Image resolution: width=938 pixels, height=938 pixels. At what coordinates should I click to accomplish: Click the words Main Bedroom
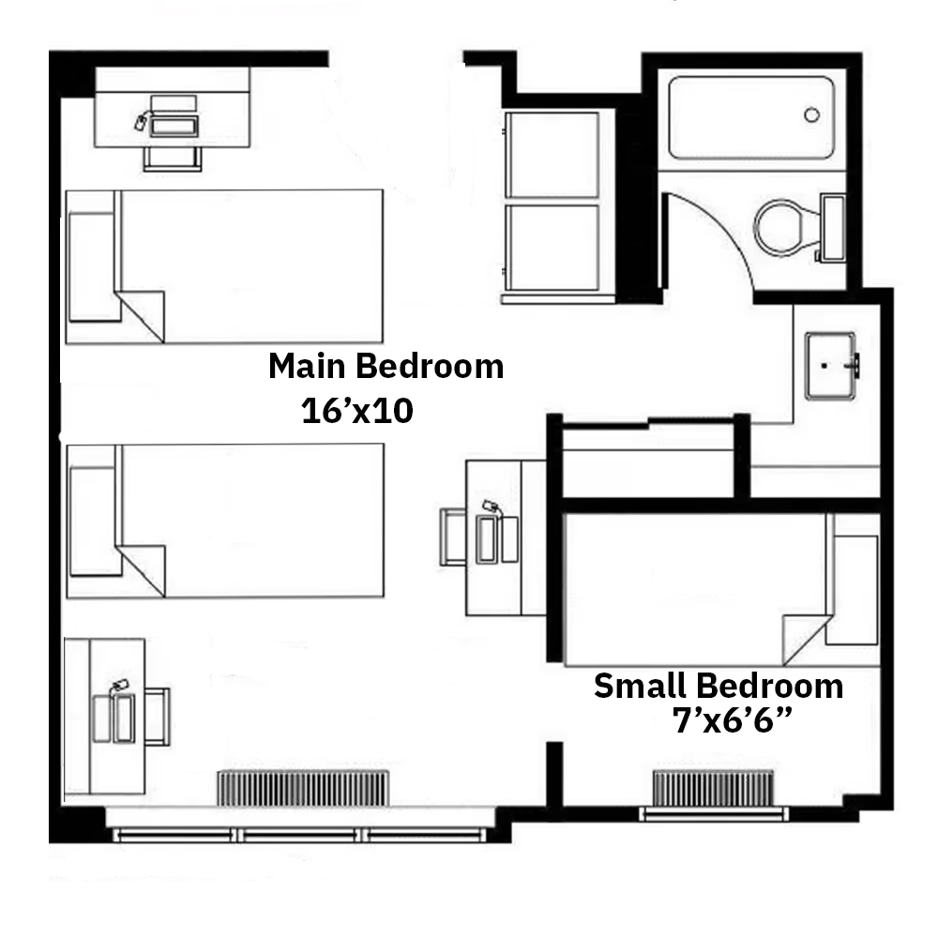(x=386, y=366)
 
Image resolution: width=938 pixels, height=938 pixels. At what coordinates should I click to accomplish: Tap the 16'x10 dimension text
(x=357, y=411)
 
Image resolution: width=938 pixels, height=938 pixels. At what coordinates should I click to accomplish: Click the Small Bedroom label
(x=719, y=686)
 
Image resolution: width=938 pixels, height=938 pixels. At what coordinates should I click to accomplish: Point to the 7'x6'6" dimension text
(x=733, y=720)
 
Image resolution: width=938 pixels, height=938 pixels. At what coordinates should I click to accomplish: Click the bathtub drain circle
(x=811, y=114)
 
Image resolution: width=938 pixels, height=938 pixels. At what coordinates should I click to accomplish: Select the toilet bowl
(x=785, y=228)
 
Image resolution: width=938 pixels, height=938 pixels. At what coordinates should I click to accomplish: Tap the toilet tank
(x=832, y=227)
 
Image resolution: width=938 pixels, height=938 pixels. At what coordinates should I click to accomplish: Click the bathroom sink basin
(x=830, y=366)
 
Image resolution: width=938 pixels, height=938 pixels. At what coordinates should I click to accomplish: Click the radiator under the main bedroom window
(x=303, y=789)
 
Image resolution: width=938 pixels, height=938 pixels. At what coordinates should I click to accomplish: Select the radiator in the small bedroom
(x=713, y=788)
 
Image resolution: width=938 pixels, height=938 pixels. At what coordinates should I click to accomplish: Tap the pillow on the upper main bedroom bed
(x=92, y=267)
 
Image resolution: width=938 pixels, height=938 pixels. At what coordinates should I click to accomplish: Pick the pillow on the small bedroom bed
(x=852, y=590)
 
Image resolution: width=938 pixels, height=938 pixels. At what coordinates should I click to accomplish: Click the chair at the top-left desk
(x=173, y=159)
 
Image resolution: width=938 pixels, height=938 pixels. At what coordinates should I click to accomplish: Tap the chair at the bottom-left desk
(x=158, y=717)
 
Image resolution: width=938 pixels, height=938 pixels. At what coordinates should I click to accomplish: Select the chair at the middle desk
(x=453, y=537)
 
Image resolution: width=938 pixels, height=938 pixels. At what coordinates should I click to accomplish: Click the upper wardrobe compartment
(x=552, y=155)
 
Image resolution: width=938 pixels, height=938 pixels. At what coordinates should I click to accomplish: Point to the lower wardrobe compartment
(x=552, y=248)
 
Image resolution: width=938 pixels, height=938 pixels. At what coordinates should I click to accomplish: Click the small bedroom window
(x=714, y=813)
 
